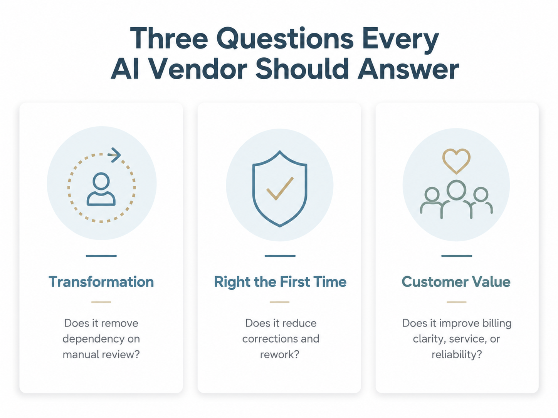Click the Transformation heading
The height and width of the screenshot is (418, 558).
[x=101, y=282]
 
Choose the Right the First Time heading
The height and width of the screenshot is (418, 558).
[x=280, y=282]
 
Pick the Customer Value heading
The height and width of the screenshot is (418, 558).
[x=456, y=282]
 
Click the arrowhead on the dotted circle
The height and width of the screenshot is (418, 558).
[x=114, y=155]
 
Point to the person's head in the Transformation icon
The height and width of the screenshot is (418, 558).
[x=101, y=181]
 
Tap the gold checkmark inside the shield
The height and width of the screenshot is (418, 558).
[x=280, y=189]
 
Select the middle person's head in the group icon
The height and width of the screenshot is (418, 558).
[x=456, y=190]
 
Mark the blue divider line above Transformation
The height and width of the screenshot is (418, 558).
[x=101, y=256]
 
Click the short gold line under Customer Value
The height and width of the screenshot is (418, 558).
[x=456, y=302]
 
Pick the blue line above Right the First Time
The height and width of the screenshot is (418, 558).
[x=280, y=256]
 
